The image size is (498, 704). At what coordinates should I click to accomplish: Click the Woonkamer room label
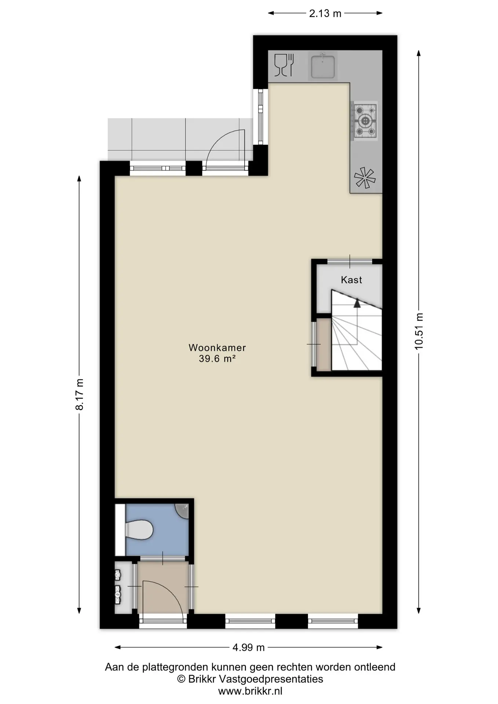click(x=217, y=347)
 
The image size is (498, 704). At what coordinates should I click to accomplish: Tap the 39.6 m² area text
click(x=217, y=359)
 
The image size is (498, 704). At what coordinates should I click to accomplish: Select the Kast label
click(x=351, y=280)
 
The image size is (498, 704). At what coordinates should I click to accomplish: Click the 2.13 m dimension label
click(x=325, y=14)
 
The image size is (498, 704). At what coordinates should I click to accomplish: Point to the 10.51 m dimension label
click(x=419, y=331)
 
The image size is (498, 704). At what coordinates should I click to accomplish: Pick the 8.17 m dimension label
click(x=80, y=394)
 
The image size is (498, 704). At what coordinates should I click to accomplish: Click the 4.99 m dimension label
click(x=248, y=648)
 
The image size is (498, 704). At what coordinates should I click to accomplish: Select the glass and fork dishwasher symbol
click(x=284, y=65)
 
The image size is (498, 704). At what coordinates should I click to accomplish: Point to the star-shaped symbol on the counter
click(x=365, y=178)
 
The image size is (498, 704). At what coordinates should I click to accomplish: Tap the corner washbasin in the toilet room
click(x=183, y=511)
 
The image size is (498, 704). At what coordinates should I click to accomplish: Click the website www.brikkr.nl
click(x=250, y=691)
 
